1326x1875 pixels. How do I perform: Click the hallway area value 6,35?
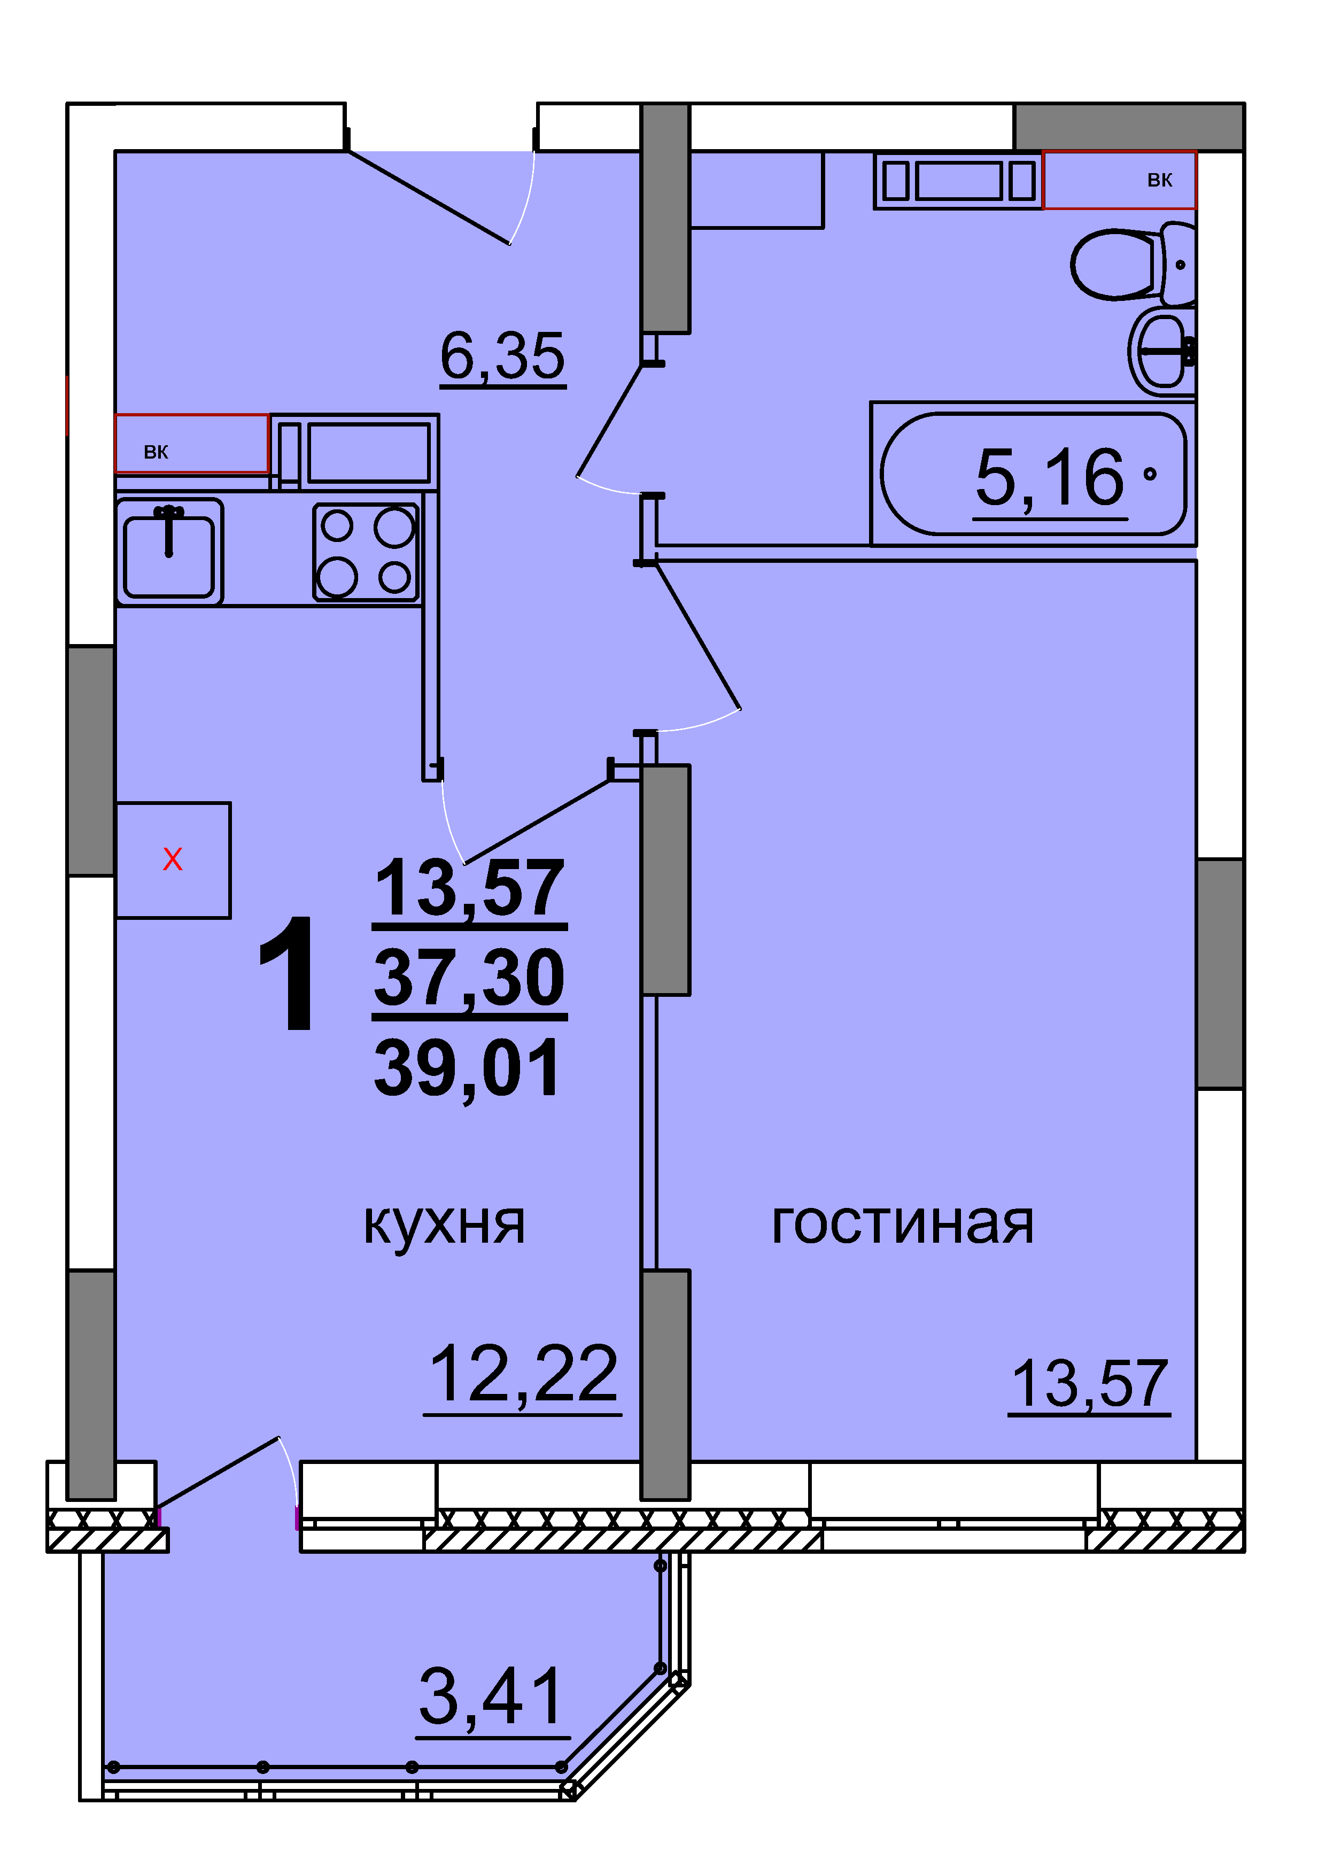[x=502, y=357]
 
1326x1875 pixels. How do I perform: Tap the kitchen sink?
[x=169, y=549]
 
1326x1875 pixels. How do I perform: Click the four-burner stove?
[x=366, y=552]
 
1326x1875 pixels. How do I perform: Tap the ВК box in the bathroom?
[x=1119, y=180]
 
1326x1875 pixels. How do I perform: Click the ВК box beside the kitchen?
[x=192, y=444]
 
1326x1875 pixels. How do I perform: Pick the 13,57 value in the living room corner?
[x=1089, y=1384]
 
